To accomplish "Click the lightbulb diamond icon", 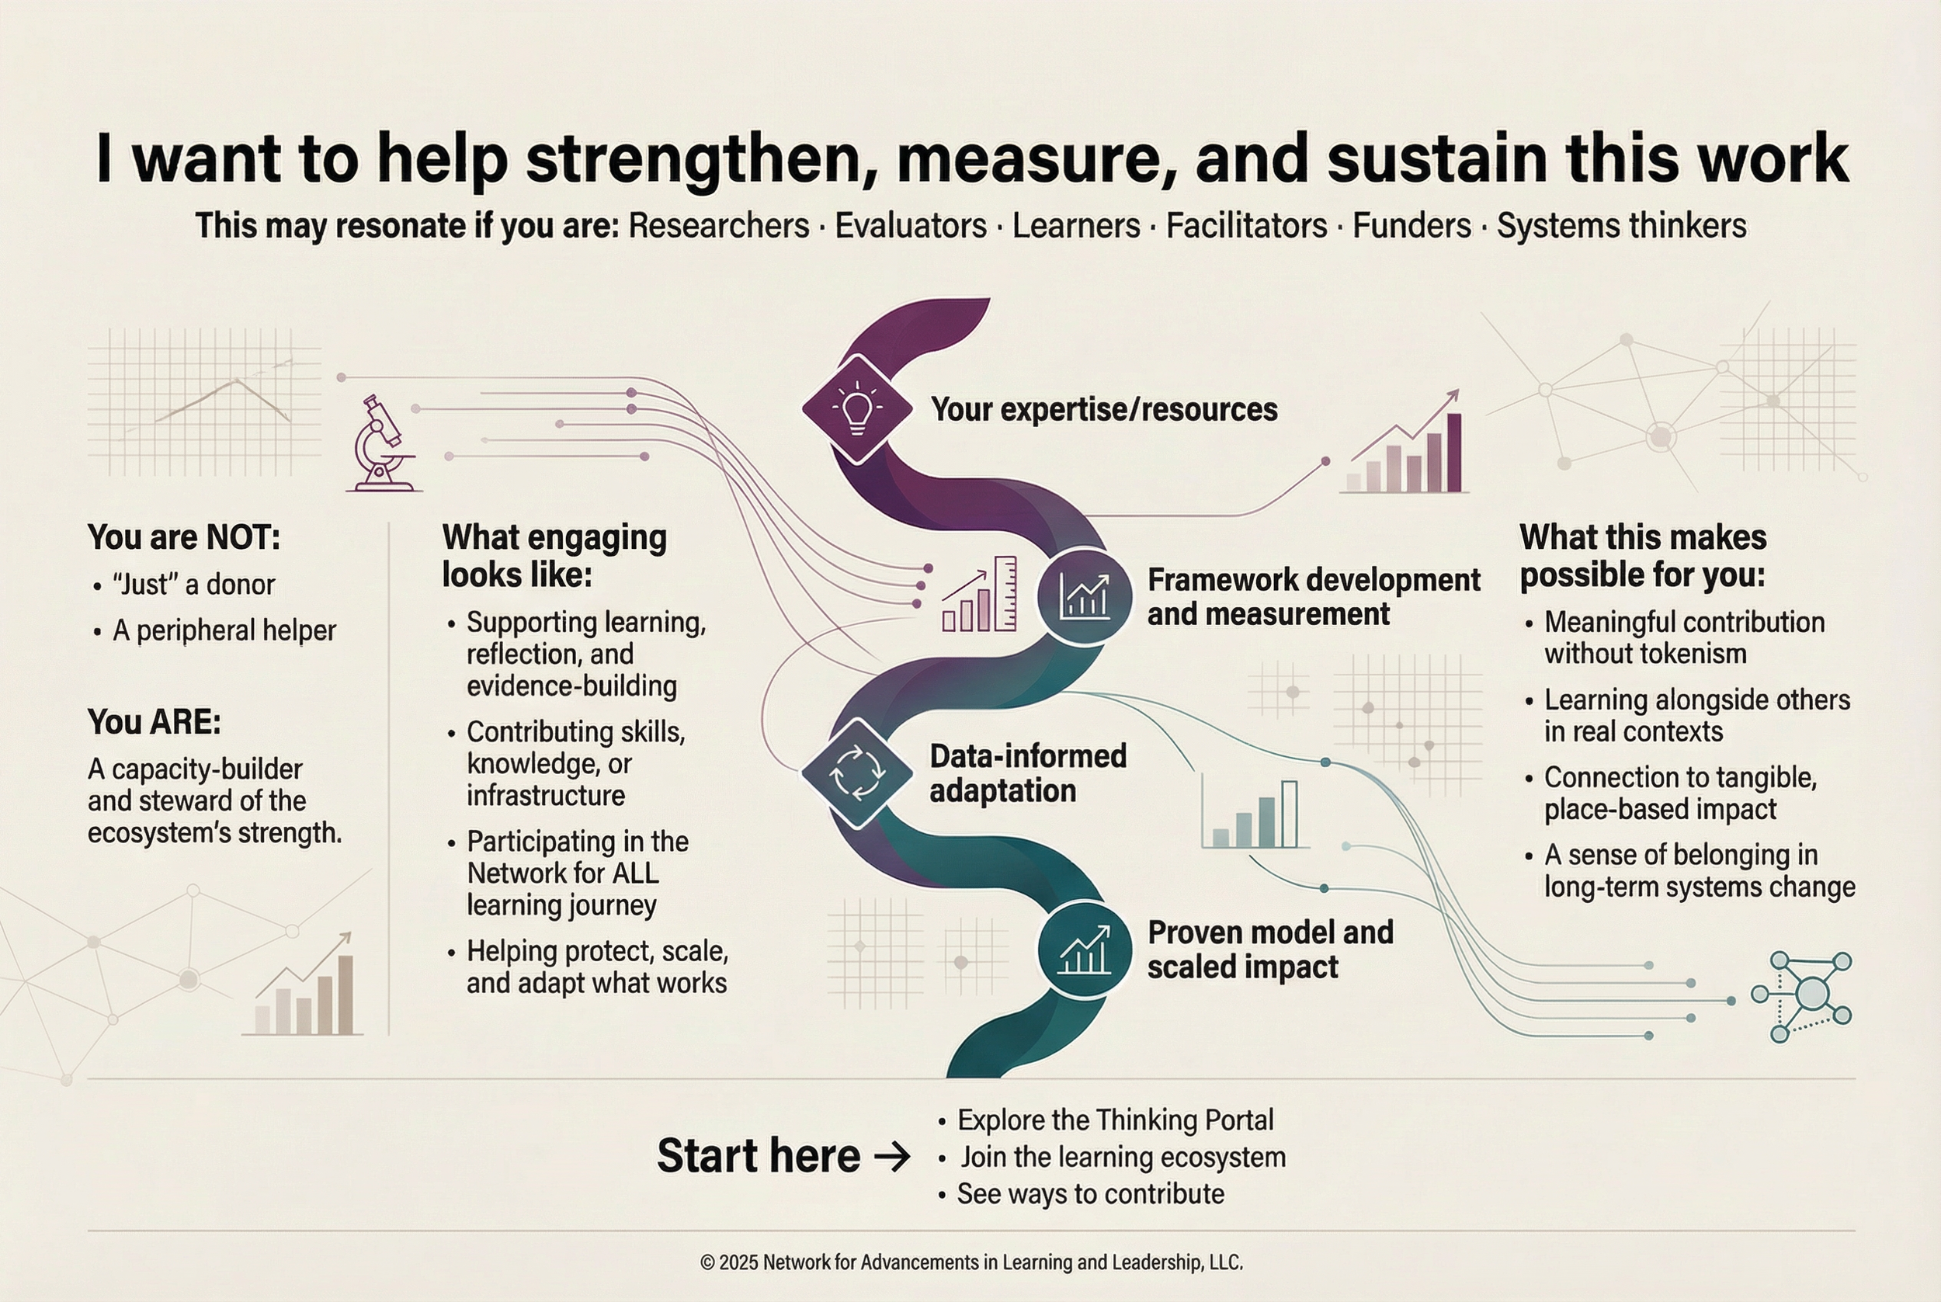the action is point(856,408).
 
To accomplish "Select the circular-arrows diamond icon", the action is point(856,774).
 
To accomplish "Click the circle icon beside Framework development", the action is point(1083,596).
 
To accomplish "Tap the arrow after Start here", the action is point(892,1157).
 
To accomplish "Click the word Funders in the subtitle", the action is point(1411,226).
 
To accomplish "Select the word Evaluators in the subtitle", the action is point(911,226).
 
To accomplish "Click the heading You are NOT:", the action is point(183,537).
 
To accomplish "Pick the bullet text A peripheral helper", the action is point(224,631).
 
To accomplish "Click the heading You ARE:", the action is point(155,721).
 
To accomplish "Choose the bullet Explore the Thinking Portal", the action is point(1115,1120).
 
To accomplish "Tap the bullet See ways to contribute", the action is point(1090,1194).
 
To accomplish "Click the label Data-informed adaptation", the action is point(1028,773).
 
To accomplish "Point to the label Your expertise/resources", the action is point(1103,409).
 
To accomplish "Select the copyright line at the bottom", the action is point(970,1263).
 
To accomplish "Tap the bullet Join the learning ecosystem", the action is point(1123,1157).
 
